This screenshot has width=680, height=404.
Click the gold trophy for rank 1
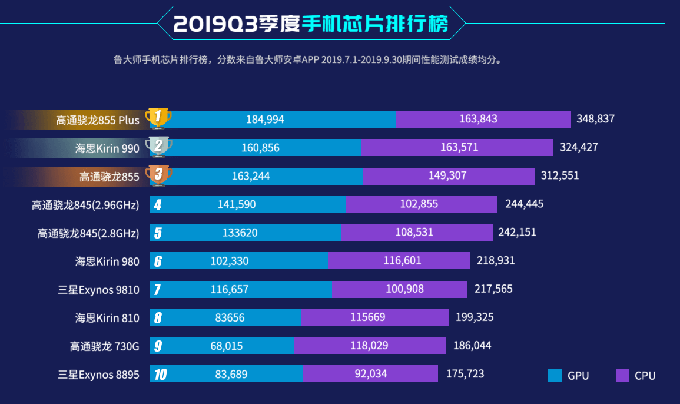158,118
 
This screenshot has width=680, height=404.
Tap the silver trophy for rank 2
158,147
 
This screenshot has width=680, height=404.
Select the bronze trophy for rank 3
158,175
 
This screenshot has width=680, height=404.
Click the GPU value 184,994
265,120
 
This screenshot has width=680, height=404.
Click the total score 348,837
595,119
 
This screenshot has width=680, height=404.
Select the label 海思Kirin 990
107,148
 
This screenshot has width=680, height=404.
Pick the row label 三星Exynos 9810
98,290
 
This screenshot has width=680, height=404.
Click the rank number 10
159,374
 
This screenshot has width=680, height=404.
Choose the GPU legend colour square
555,375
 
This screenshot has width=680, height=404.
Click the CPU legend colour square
622,375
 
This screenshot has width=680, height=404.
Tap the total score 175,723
465,374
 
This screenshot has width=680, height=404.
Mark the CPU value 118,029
369,346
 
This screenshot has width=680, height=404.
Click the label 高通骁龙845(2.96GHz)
85,205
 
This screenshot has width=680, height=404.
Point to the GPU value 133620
240,232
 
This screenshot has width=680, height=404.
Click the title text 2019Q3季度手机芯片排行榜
311,23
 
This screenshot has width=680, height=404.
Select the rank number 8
158,318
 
